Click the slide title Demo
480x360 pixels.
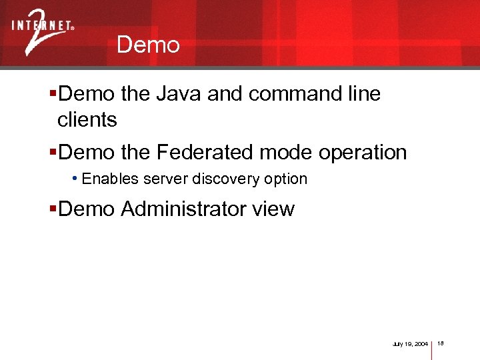[147, 45]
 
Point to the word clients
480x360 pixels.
[87, 120]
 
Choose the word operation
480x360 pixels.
[363, 152]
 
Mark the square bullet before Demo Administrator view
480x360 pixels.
[53, 209]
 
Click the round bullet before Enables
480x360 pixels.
[75, 179]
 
